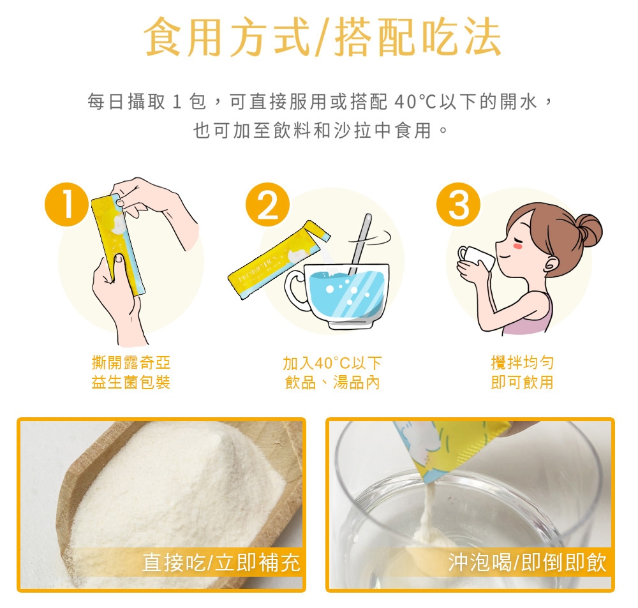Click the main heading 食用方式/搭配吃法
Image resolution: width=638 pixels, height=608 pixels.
319,37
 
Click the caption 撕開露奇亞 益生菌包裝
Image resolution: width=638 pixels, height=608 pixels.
131,373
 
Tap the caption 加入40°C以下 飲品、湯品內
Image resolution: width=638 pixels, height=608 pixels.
332,373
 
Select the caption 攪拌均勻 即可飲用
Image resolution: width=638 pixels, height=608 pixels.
522,373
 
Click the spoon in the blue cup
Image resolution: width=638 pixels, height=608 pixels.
361,242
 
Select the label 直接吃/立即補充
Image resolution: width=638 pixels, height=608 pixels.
221,563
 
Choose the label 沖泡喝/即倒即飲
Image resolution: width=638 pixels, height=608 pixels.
527,563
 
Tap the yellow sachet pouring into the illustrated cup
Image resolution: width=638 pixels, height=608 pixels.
281,255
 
